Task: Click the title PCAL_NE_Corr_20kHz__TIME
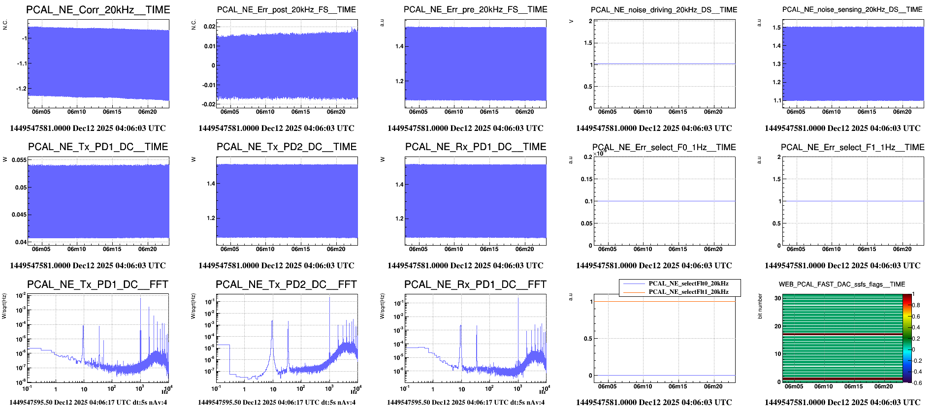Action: [x=98, y=10]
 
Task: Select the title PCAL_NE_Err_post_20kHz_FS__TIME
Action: [x=286, y=10]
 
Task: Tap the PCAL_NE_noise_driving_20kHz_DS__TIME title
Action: [x=664, y=10]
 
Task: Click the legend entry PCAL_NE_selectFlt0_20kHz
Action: [x=688, y=284]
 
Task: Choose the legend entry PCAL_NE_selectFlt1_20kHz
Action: [x=688, y=292]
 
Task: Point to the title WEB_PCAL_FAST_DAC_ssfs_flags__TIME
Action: [x=841, y=285]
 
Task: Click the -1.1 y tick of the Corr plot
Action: [x=22, y=63]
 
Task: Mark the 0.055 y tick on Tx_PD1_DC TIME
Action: [x=19, y=160]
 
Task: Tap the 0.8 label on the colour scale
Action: [x=916, y=305]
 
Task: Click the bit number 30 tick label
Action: [x=777, y=298]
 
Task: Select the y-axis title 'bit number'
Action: [x=760, y=306]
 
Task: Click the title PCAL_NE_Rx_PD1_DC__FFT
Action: [x=475, y=285]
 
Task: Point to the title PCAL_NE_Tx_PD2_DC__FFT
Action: [x=286, y=285]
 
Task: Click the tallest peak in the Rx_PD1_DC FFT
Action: [x=518, y=299]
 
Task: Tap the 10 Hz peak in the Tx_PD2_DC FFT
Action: [x=272, y=322]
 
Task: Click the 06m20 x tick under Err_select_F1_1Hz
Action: [x=902, y=249]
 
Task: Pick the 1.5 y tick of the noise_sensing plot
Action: [x=776, y=28]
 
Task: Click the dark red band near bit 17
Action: [x=842, y=335]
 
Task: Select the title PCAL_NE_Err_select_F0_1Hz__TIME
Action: [x=664, y=147]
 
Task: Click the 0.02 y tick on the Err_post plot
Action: [x=209, y=27]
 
